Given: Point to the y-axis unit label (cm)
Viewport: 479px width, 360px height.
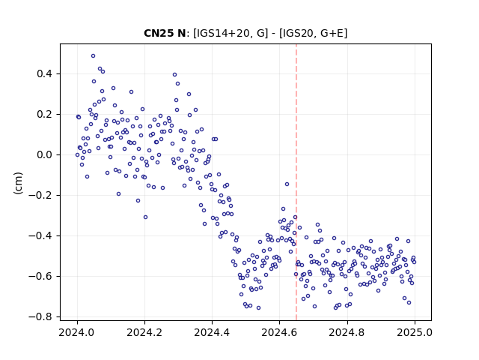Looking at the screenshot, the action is (x=18, y=183).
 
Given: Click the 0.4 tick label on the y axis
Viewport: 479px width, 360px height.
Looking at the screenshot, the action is (x=45, y=74).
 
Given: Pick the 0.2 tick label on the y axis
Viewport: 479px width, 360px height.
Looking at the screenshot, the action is (x=45, y=115).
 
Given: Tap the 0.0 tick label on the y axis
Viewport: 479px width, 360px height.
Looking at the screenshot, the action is (x=45, y=155).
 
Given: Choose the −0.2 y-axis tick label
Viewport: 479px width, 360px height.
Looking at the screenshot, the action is (x=40, y=195).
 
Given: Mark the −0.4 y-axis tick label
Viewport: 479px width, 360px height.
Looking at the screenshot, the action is (x=40, y=235).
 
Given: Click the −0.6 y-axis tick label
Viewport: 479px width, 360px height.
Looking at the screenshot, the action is (x=40, y=276).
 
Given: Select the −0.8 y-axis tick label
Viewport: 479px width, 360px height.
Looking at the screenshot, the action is (x=40, y=316).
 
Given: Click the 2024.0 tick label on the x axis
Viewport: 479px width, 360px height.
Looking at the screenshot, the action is (x=77, y=332).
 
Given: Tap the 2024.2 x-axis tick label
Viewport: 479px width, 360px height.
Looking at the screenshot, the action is (x=144, y=332).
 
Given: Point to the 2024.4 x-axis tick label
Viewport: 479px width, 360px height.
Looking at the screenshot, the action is (x=212, y=332).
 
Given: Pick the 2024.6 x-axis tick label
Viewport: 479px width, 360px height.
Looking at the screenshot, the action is (x=279, y=332).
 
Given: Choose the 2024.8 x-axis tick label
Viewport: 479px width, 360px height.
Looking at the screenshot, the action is (x=347, y=332).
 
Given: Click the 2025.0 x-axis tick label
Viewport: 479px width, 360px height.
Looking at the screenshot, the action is (x=415, y=332).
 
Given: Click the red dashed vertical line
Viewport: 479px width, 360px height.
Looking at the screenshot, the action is (x=296, y=182).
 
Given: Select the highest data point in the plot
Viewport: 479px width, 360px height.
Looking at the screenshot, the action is (x=93, y=56).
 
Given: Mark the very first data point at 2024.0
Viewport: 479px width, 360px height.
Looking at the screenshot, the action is (x=77, y=155).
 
